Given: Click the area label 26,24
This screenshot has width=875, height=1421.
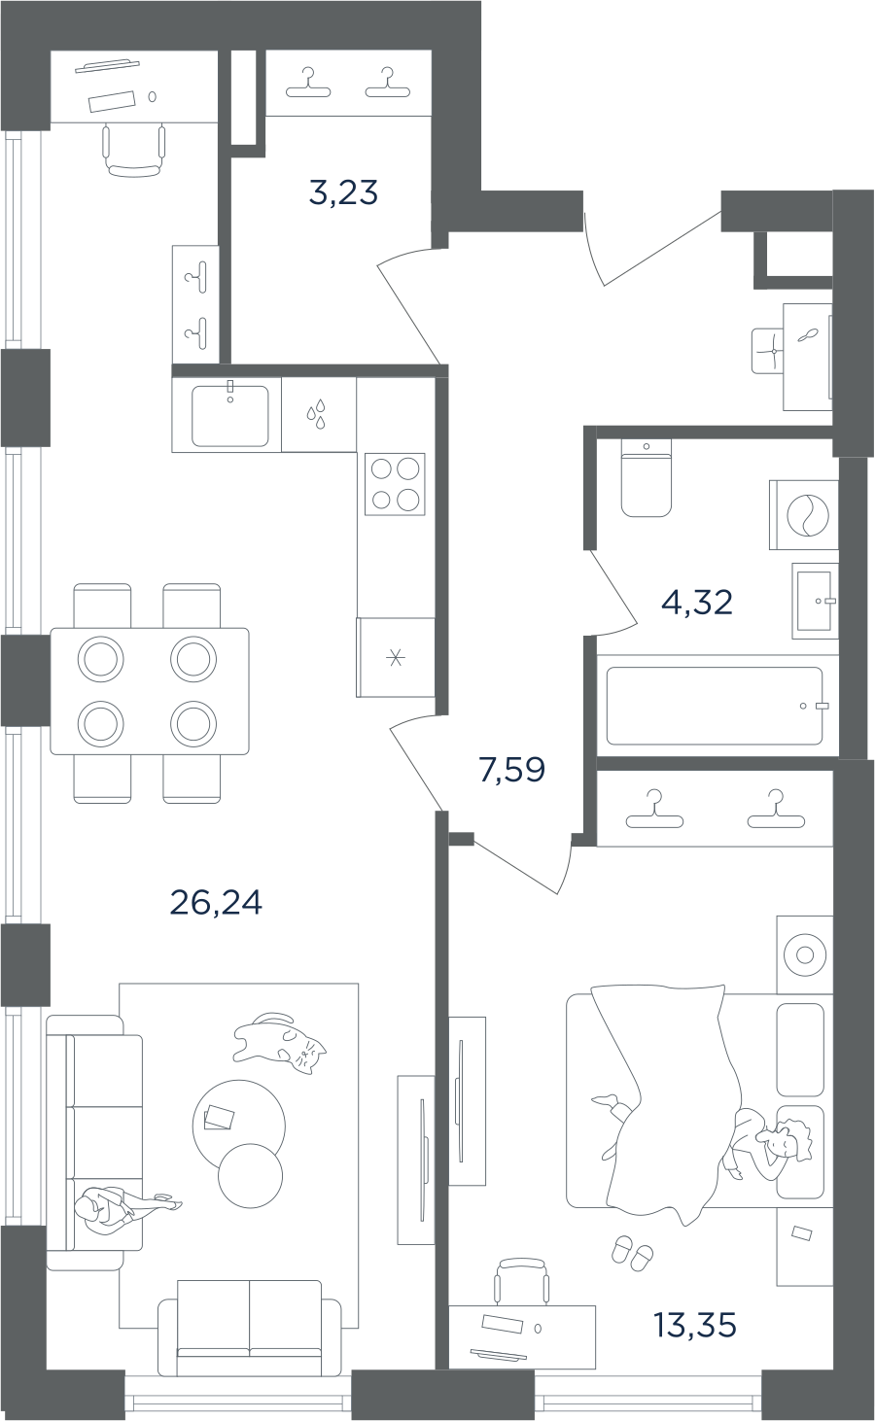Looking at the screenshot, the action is click(x=216, y=902).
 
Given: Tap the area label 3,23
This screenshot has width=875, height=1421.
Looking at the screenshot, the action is click(x=343, y=192).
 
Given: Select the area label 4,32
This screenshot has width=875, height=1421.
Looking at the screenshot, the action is click(x=697, y=602).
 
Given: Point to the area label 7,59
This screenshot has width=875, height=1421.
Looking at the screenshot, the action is click(x=512, y=770).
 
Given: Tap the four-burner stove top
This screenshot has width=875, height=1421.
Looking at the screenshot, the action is click(x=395, y=485).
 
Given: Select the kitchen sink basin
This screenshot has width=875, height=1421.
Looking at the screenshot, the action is click(x=229, y=416).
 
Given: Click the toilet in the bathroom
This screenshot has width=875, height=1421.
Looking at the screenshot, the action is click(x=646, y=478).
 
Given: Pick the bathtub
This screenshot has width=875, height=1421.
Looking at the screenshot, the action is click(x=715, y=706).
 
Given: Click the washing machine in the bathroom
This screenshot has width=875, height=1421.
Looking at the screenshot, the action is click(x=803, y=514).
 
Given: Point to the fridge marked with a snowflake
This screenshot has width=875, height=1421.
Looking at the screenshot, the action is click(x=396, y=658).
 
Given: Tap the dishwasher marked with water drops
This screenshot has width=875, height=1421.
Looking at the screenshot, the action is click(x=319, y=415).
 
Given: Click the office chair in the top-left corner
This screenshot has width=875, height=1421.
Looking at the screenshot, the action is click(x=134, y=151).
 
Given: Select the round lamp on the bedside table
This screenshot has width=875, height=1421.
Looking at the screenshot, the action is click(x=805, y=955).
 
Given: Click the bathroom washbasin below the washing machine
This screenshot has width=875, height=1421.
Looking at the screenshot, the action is click(x=815, y=600).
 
